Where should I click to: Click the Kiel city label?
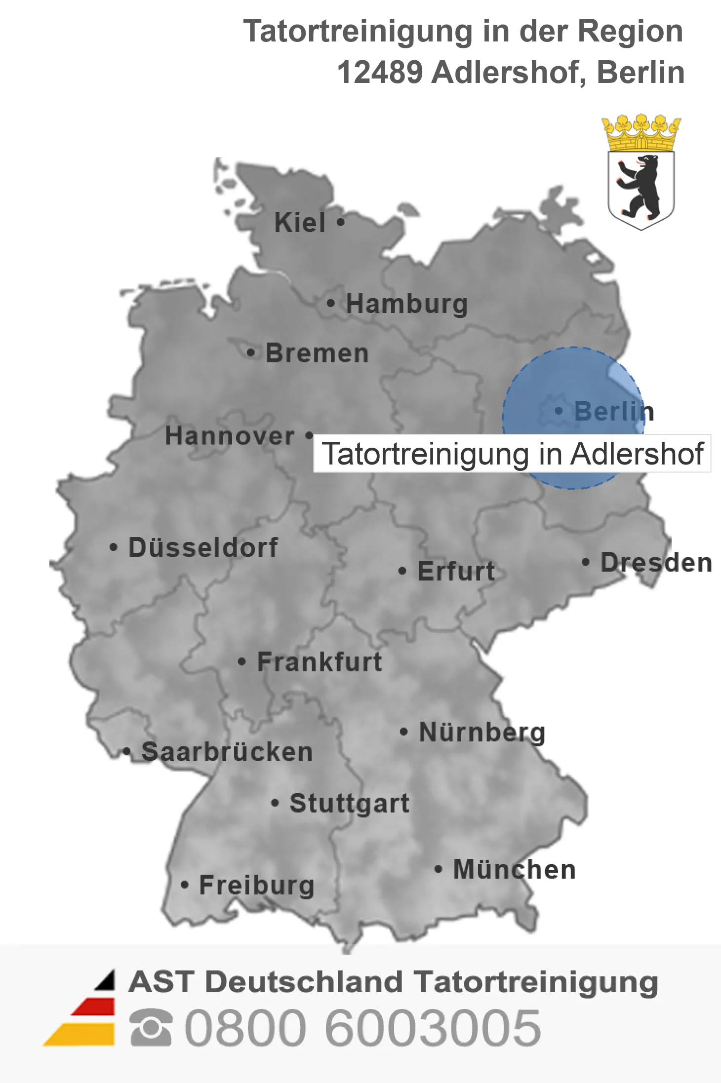(300, 223)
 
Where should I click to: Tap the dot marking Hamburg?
(330, 303)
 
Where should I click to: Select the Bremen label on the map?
(317, 353)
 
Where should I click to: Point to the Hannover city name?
(230, 436)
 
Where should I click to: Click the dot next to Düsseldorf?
(114, 547)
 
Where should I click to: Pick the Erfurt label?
(456, 571)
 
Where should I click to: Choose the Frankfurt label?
(320, 662)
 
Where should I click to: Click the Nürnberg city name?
(482, 732)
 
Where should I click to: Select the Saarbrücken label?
(227, 752)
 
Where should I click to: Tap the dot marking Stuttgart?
(275, 803)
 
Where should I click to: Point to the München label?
(515, 869)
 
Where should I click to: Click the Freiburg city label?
(257, 885)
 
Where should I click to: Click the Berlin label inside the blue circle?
(614, 411)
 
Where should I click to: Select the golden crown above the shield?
(641, 132)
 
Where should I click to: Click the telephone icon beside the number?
(151, 1028)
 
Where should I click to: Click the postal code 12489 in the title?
(380, 72)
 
